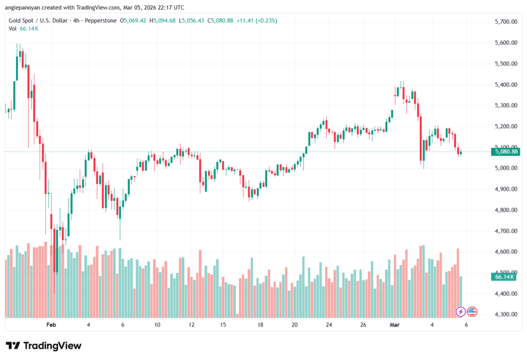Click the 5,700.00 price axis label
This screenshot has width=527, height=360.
[x=505, y=22]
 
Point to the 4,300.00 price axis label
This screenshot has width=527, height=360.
[x=505, y=314]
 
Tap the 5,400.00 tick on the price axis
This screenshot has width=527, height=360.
[x=505, y=84]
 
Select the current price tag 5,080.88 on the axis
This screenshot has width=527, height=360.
[x=505, y=151]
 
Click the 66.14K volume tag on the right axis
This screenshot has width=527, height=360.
[x=504, y=277]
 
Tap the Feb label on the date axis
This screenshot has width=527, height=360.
[x=50, y=325]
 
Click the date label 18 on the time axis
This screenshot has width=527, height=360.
[x=260, y=325]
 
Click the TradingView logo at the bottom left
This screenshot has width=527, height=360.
[x=43, y=346]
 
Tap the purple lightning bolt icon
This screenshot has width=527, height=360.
[x=461, y=312]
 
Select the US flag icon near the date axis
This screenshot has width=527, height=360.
[x=472, y=312]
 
